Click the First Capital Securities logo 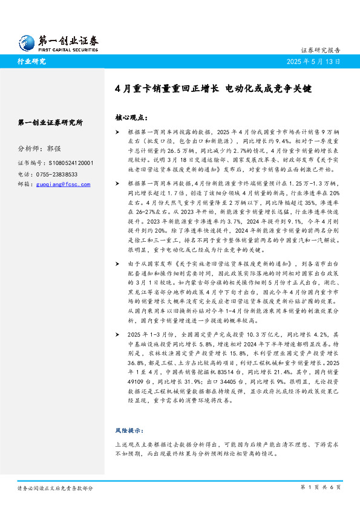coord(58,41)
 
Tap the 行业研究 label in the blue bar coord(31,61)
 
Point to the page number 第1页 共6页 coord(320,487)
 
